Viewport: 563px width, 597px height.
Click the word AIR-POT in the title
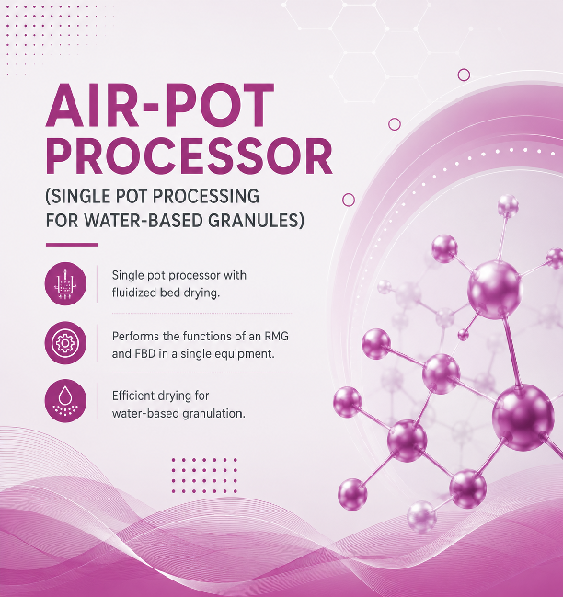tap(160, 105)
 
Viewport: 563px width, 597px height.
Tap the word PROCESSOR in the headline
tap(190, 156)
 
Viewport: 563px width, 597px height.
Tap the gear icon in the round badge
tap(65, 343)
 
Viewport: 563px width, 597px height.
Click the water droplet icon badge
tap(65, 401)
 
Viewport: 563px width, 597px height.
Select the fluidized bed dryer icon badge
tap(65, 283)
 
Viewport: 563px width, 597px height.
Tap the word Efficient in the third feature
tap(136, 396)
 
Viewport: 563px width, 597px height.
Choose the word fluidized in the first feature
tap(134, 293)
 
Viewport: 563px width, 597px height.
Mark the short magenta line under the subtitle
tap(72, 245)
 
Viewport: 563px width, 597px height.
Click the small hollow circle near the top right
tap(464, 75)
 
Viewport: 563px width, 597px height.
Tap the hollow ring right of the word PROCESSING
tap(349, 200)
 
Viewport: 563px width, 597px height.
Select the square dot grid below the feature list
tap(204, 476)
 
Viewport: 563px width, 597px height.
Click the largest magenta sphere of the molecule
tap(523, 417)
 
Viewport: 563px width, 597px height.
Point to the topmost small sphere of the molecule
tap(508, 206)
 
